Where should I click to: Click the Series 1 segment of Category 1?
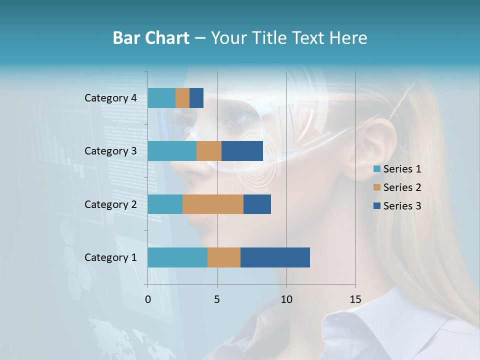coord(177,257)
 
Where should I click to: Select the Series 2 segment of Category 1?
coord(224,257)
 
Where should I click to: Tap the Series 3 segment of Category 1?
coord(275,257)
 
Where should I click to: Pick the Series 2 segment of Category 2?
coord(213,204)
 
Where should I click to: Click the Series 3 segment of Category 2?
coord(257,204)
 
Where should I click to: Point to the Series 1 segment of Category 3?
coord(172,151)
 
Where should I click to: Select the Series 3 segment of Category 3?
coord(242,151)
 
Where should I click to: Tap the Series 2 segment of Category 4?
coord(182,98)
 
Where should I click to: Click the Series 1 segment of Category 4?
coord(161,98)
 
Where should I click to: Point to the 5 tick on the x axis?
coord(217,299)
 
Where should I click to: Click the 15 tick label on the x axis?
coord(355,299)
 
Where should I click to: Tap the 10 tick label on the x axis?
coord(286,299)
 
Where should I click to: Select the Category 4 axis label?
coord(110,98)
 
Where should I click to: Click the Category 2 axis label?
coord(110,204)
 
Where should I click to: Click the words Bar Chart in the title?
coord(151,38)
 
